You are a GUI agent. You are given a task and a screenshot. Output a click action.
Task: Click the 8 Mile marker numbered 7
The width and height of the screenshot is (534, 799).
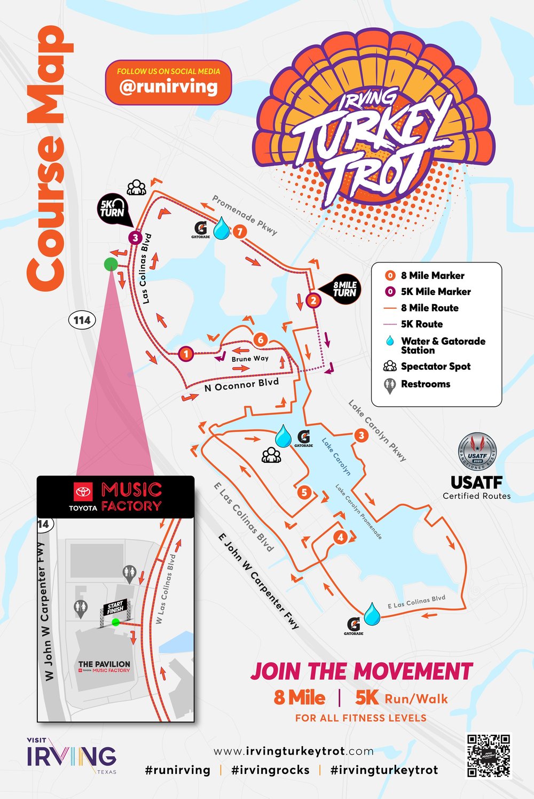pos(240,231)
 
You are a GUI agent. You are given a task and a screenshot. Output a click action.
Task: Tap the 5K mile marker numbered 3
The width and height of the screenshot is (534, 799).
pos(135,238)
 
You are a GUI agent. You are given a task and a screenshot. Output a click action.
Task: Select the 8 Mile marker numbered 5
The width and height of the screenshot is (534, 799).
pos(304,492)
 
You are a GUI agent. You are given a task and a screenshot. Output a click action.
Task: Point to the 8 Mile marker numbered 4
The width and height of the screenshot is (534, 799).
pos(340,538)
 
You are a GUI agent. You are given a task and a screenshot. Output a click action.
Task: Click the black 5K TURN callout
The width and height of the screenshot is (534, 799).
pos(112,208)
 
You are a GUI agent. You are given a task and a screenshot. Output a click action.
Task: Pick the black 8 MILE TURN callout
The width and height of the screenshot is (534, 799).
pos(343,289)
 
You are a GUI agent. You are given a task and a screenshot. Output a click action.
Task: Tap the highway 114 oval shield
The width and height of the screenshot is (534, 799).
pos(82,320)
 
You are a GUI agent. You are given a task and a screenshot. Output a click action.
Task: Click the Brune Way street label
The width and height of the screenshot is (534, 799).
pos(250,359)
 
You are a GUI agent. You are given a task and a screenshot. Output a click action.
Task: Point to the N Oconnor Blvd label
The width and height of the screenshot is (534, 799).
pos(241,385)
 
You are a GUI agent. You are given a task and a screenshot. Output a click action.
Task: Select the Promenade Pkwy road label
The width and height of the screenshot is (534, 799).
pos(245,215)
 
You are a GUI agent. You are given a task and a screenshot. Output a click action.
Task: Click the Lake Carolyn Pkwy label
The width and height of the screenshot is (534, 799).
pos(377,430)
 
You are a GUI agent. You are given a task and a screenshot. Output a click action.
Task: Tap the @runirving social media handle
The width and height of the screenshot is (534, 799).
pos(168,87)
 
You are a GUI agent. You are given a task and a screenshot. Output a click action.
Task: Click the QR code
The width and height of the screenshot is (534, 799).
pos(489,755)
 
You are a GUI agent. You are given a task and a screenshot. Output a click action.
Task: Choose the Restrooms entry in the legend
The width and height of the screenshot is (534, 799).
pos(425,384)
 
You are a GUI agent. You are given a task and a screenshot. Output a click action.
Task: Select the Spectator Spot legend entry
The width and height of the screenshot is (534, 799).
pos(435,367)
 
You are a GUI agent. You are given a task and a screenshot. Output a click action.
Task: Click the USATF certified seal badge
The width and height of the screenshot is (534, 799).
pos(477,452)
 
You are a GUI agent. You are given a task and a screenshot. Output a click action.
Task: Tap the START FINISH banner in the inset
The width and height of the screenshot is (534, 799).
pos(115,608)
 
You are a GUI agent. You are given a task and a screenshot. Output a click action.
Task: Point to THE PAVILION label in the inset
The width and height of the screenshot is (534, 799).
pos(104,664)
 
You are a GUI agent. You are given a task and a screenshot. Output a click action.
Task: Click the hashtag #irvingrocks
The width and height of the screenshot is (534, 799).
pos(270,770)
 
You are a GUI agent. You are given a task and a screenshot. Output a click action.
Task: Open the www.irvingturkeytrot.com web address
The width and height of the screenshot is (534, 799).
pos(293,751)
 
